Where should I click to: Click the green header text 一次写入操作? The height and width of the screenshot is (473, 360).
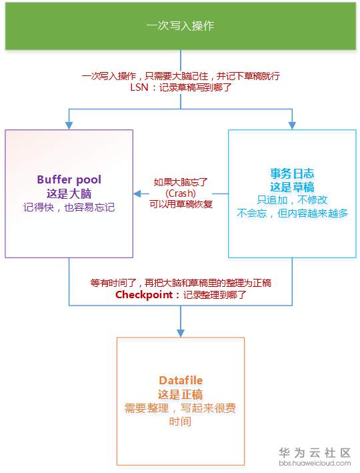coord(180,26)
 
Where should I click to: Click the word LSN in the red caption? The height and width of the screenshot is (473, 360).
coord(141,88)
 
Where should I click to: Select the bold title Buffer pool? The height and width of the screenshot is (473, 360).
coord(69,179)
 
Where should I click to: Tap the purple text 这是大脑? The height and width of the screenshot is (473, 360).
coord(69,193)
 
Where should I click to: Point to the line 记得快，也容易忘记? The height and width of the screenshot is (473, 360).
coord(69,207)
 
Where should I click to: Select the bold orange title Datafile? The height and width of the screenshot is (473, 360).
coord(181,380)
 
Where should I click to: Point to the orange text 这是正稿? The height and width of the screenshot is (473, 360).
coord(181,394)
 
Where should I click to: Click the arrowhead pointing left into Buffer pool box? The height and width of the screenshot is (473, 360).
coord(137,193)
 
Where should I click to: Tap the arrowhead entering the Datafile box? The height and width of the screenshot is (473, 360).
coord(181,333)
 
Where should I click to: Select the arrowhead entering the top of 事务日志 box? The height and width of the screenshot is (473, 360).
coord(292,125)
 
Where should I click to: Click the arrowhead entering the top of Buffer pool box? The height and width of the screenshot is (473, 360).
coord(69,125)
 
